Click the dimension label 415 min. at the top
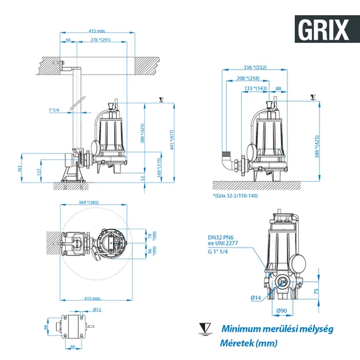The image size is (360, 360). coord(97,31)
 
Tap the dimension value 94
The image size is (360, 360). coord(68,40)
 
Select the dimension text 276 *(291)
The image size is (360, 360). coord(101,40)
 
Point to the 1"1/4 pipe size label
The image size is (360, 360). coord(53,110)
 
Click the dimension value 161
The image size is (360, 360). coord(20,169)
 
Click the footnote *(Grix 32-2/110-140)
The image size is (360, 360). coord(236,196)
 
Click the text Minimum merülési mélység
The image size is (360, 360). coord(277,329)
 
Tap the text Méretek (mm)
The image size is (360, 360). coord(248,343)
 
